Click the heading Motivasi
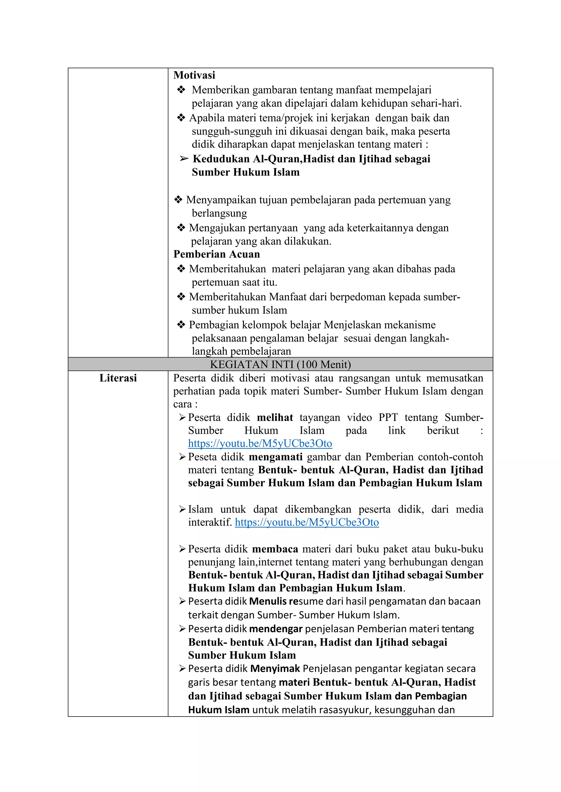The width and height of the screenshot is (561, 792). pyautogui.click(x=194, y=75)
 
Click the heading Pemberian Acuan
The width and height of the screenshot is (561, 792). pyautogui.click(x=217, y=254)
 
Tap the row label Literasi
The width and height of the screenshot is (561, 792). pyautogui.click(x=118, y=378)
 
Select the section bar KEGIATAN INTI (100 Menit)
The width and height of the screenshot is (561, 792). pyautogui.click(x=280, y=364)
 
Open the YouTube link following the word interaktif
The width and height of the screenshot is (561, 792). pyautogui.click(x=307, y=522)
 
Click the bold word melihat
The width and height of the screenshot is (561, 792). pyautogui.click(x=275, y=418)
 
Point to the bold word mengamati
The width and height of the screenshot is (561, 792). pyautogui.click(x=276, y=457)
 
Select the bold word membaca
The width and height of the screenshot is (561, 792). pyautogui.click(x=275, y=549)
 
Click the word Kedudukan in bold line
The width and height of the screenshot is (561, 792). pyautogui.click(x=221, y=159)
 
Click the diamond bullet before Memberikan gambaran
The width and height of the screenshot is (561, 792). pyautogui.click(x=181, y=90)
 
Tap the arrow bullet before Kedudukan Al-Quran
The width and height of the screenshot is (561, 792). pyautogui.click(x=184, y=159)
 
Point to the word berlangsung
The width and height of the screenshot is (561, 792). pyautogui.click(x=219, y=214)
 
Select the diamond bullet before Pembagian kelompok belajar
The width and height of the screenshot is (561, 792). pyautogui.click(x=181, y=325)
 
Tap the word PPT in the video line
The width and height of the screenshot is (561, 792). pyautogui.click(x=388, y=418)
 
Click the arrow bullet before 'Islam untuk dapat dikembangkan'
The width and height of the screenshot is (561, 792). pyautogui.click(x=182, y=509)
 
